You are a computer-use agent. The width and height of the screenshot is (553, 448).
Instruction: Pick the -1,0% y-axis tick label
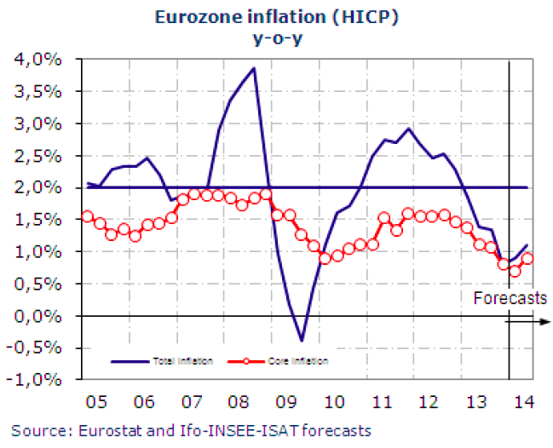pos(35,380)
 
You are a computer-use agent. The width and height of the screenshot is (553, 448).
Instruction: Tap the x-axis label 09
pos(288,400)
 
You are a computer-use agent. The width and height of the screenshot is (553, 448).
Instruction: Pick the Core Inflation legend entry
pos(302,361)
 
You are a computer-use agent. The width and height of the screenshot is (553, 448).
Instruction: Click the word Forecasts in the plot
pos(510,298)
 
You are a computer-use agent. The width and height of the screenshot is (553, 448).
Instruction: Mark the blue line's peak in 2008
pos(254,68)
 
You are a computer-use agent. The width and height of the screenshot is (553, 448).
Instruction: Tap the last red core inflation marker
pos(527,259)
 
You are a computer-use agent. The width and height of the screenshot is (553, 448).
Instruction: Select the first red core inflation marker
pos(87,216)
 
